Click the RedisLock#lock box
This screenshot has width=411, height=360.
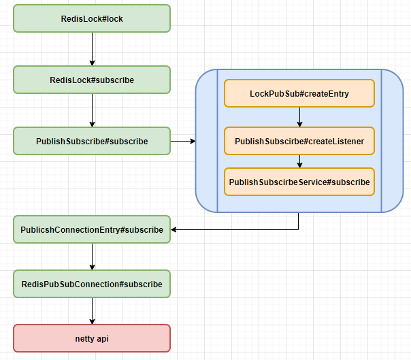[92, 18]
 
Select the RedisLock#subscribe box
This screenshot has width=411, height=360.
[92, 80]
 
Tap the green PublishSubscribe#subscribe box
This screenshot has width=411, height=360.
[92, 141]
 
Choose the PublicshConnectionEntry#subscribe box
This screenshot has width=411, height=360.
[92, 229]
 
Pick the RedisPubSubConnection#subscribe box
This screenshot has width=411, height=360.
[92, 284]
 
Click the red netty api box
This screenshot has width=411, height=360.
[92, 338]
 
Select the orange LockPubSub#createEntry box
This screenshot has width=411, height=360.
[299, 93]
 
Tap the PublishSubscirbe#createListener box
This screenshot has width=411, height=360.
[299, 141]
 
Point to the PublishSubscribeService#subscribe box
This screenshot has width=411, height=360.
[299, 182]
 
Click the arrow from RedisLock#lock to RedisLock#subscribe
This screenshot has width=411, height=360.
[92, 49]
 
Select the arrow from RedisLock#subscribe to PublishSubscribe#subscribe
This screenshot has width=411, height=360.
[92, 110]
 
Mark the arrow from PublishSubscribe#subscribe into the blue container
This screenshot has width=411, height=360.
[182, 141]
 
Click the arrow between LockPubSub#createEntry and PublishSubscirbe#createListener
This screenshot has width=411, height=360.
[299, 117]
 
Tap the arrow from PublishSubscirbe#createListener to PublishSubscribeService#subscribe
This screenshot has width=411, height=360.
[299, 161]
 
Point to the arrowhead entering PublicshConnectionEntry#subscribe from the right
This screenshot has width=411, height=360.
[174, 229]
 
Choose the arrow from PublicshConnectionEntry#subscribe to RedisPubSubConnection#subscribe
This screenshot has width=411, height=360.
[92, 257]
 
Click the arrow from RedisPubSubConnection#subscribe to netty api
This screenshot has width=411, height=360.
[92, 311]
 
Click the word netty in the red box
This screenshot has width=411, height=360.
[84, 338]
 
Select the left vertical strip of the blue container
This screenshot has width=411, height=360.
[207, 141]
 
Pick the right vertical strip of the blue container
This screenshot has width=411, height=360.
[393, 141]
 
